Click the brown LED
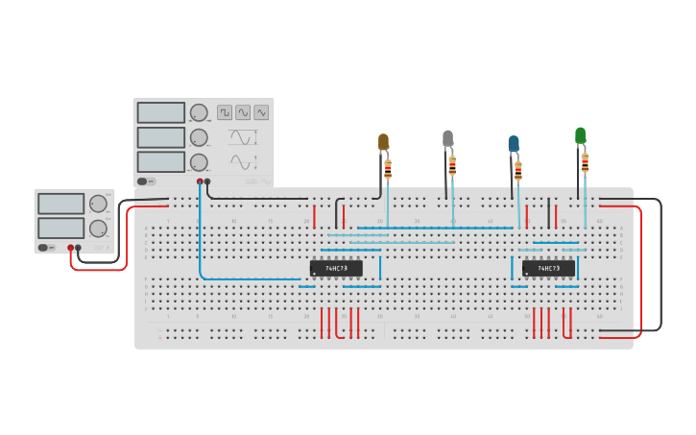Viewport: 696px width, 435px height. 383,142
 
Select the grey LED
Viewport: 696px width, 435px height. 447,138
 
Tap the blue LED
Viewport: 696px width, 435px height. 514,144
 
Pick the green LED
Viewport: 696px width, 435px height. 580,135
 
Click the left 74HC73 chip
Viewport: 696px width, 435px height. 336,268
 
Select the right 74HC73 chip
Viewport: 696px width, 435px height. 549,268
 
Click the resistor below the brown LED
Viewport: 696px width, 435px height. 388,170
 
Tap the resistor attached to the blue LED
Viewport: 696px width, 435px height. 518,171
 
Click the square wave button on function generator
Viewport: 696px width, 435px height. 225,112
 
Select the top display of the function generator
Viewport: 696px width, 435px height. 160,112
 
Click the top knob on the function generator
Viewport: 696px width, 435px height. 199,112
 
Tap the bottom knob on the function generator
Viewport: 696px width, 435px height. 199,162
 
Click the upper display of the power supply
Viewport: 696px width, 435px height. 60,204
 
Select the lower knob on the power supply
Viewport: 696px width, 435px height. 98,229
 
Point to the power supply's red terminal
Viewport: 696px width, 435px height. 70,248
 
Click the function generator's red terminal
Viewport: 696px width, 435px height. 200,181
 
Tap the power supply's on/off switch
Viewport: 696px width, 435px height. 44,248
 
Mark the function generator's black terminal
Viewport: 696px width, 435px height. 207,181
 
